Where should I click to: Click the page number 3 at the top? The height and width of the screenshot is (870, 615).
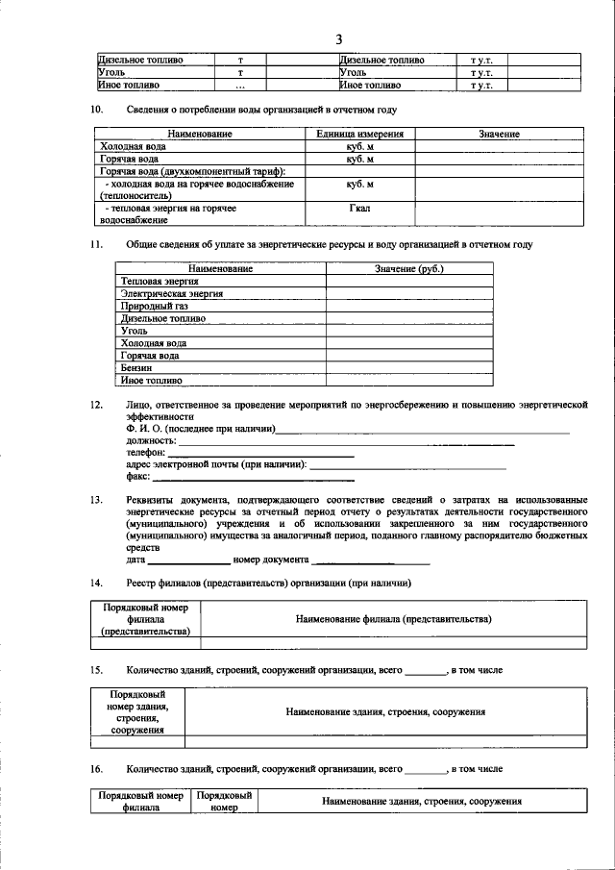pos(338,38)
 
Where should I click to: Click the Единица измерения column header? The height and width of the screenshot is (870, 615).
pos(359,134)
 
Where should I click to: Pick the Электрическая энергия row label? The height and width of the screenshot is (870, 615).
pos(172,293)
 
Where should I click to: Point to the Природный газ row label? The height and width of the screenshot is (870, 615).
pos(154,306)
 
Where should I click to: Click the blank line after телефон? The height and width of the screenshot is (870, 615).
pos(261,452)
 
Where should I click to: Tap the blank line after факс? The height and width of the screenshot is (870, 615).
pos(254,477)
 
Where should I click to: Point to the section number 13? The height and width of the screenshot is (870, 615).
pos(96,500)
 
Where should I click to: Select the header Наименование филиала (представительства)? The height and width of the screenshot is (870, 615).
pos(394,619)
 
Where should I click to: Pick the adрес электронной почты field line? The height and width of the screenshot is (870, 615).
pos(409,465)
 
